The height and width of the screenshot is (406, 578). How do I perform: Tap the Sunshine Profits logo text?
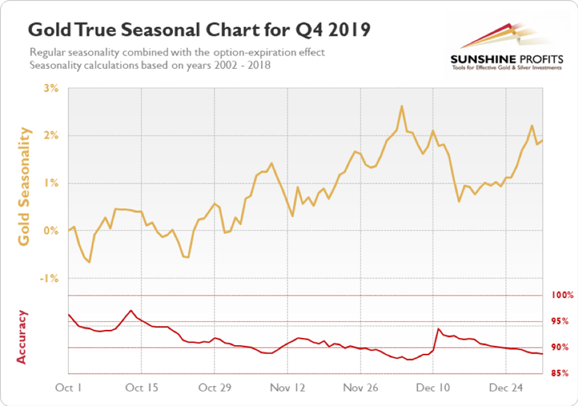coord(507,58)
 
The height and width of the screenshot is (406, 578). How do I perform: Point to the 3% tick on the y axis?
coord(51,88)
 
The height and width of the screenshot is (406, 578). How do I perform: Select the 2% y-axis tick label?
coord(51,136)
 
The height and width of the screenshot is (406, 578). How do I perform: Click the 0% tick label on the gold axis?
coord(51,231)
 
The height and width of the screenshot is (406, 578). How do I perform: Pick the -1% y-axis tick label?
coord(50,278)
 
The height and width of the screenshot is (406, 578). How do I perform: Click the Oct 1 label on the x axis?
coord(69,387)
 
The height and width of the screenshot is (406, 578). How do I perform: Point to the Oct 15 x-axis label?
coord(143,387)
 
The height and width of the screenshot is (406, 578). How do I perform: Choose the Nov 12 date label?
coord(289,387)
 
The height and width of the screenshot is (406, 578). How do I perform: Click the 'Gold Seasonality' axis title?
coord(24,187)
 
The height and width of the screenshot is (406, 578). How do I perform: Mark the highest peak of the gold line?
coord(402,106)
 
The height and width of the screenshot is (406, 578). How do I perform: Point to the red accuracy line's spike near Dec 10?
coord(439,329)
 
